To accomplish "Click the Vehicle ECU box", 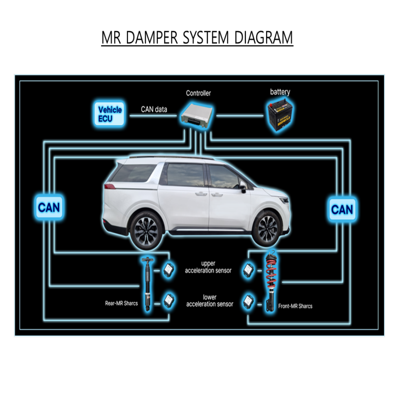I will click(110, 114).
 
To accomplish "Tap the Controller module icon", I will click(197, 115).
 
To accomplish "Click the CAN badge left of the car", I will click(49, 207).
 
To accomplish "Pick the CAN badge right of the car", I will click(342, 209).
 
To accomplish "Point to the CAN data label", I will click(154, 109).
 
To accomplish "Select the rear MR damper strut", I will click(147, 283).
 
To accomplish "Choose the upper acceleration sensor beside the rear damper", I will click(169, 270).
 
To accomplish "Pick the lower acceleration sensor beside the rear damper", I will click(169, 301).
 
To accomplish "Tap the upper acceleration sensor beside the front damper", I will click(248, 270).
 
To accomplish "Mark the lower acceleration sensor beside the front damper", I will click(248, 301).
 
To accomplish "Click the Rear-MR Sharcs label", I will click(121, 303).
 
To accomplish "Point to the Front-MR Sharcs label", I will click(295, 306).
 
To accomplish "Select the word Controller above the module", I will click(198, 93).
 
